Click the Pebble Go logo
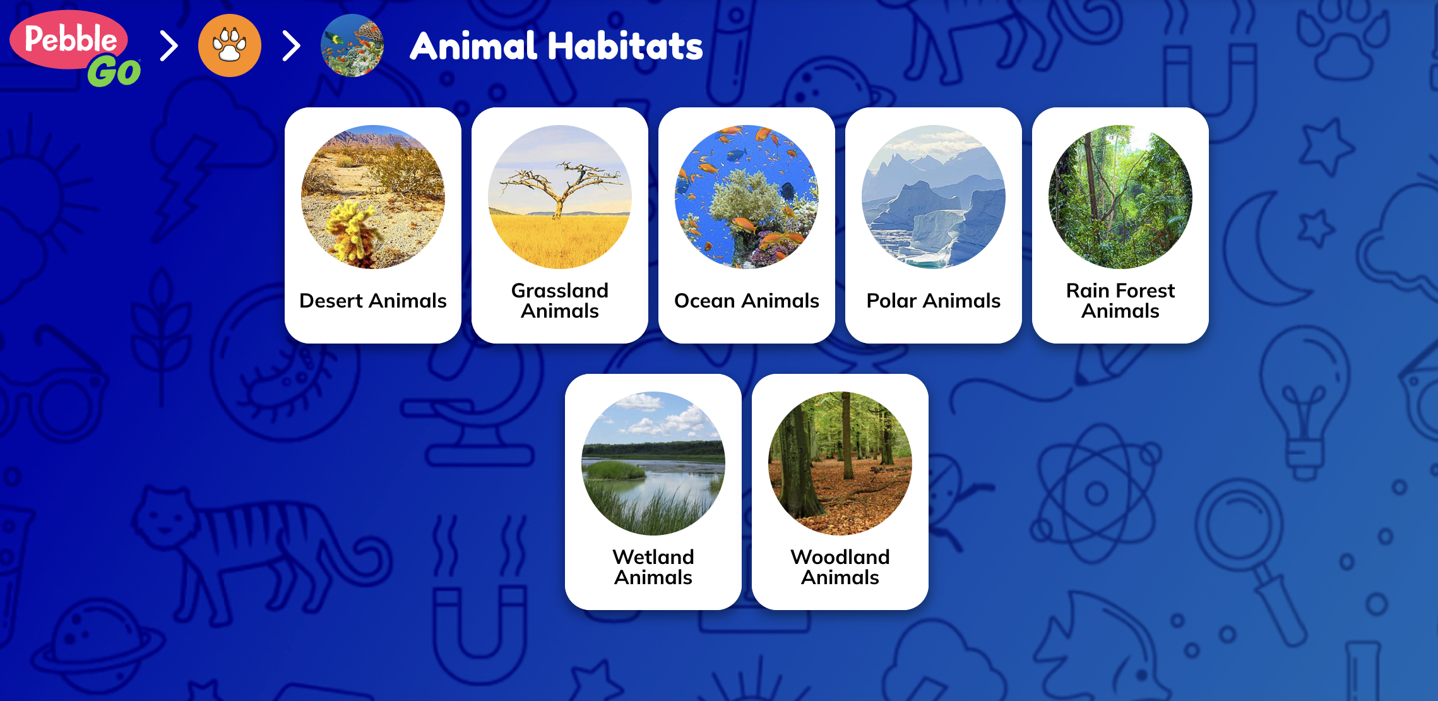pyautogui.click(x=74, y=48)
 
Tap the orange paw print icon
pyautogui.click(x=230, y=45)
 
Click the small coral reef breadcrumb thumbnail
pyautogui.click(x=352, y=45)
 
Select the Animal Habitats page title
pyautogui.click(x=556, y=46)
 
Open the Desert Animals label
pyautogui.click(x=373, y=301)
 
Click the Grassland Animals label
pyautogui.click(x=560, y=301)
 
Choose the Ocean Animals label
pyautogui.click(x=747, y=301)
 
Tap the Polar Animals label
pyautogui.click(x=934, y=301)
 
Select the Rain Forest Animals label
pyautogui.click(x=1120, y=301)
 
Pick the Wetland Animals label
pyautogui.click(x=653, y=567)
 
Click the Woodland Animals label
pyautogui.click(x=840, y=567)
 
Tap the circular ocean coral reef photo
pyautogui.click(x=747, y=197)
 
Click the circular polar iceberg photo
pyautogui.click(x=934, y=197)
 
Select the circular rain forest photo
pyautogui.click(x=1120, y=197)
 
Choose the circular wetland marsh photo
pyautogui.click(x=653, y=464)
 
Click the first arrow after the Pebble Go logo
pyautogui.click(x=169, y=46)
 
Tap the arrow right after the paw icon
pyautogui.click(x=291, y=46)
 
